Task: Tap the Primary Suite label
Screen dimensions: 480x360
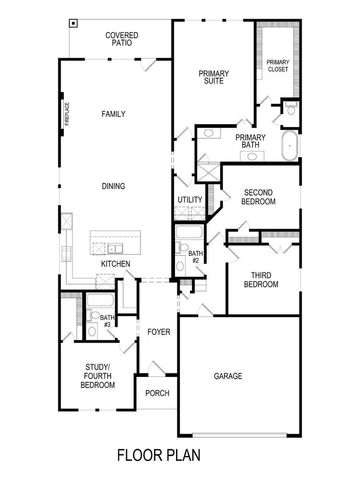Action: pos(214,77)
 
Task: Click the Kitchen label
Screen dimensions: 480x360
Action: pos(116,264)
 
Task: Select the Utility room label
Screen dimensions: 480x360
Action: pos(190,200)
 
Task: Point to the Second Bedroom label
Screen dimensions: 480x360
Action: pos(258,196)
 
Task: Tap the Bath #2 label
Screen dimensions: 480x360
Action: pos(196,257)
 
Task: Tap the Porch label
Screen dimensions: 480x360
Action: pos(157,393)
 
